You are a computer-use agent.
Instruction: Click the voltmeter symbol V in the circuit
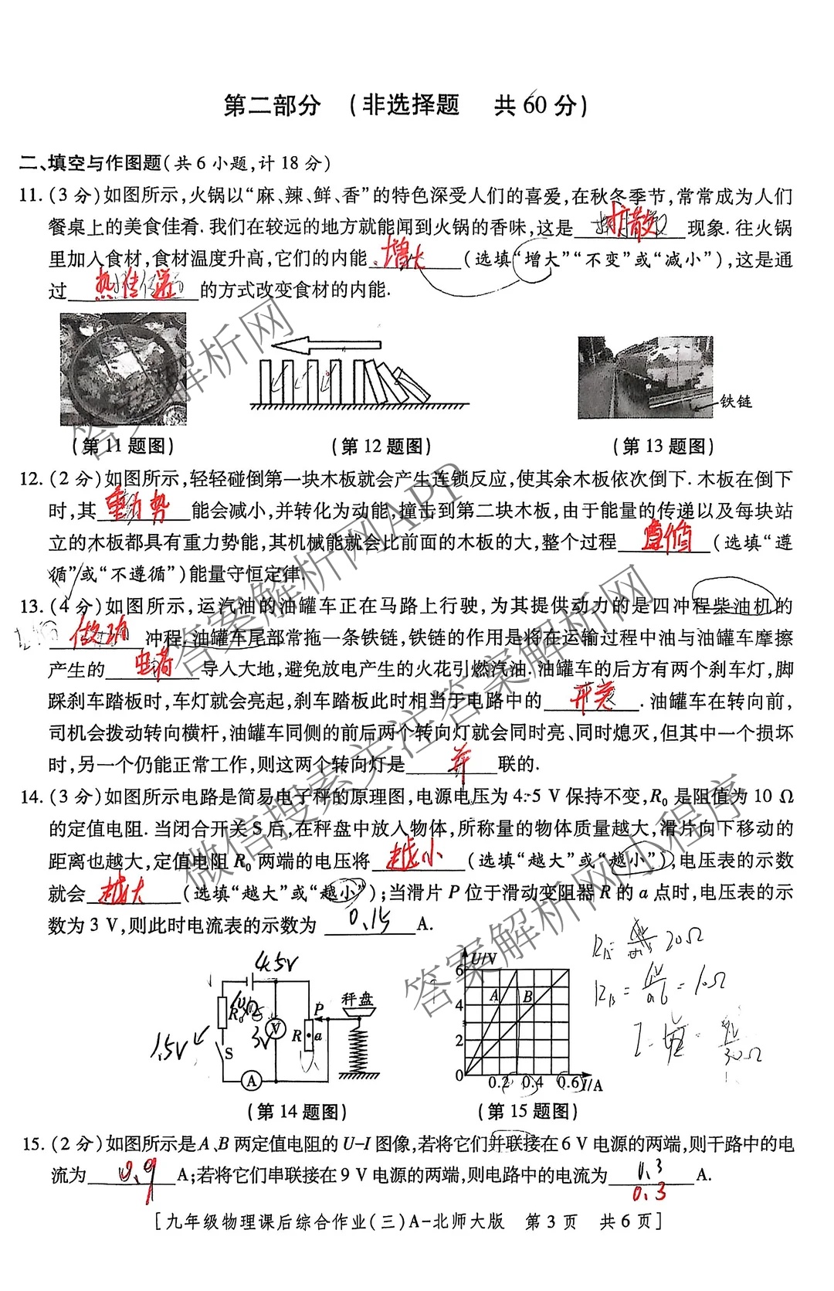[x=275, y=1028]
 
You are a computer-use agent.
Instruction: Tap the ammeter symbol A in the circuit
[x=252, y=1081]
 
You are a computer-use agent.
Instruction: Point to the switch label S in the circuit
[x=229, y=1053]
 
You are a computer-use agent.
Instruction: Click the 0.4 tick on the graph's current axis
[x=532, y=1083]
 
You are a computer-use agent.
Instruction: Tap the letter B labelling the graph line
[x=527, y=997]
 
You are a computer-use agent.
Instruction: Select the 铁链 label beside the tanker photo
[x=735, y=401]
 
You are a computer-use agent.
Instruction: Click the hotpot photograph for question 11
[x=124, y=369]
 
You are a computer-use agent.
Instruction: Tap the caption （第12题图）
[x=381, y=446]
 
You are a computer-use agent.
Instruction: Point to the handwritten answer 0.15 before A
[x=369, y=919]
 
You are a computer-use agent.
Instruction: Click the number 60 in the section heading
[x=534, y=105]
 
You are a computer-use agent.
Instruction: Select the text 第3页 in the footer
[x=551, y=1221]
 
